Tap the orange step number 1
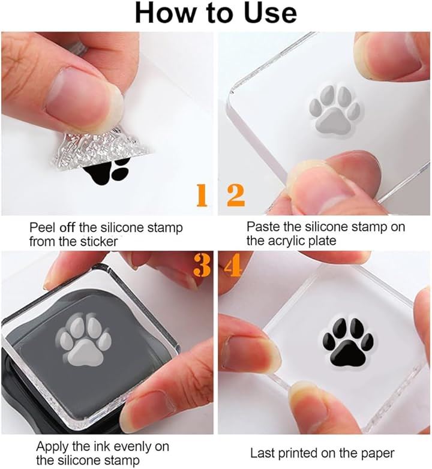pyautogui.click(x=202, y=196)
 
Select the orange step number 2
pyautogui.click(x=236, y=196)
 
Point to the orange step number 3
pyautogui.click(x=202, y=265)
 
